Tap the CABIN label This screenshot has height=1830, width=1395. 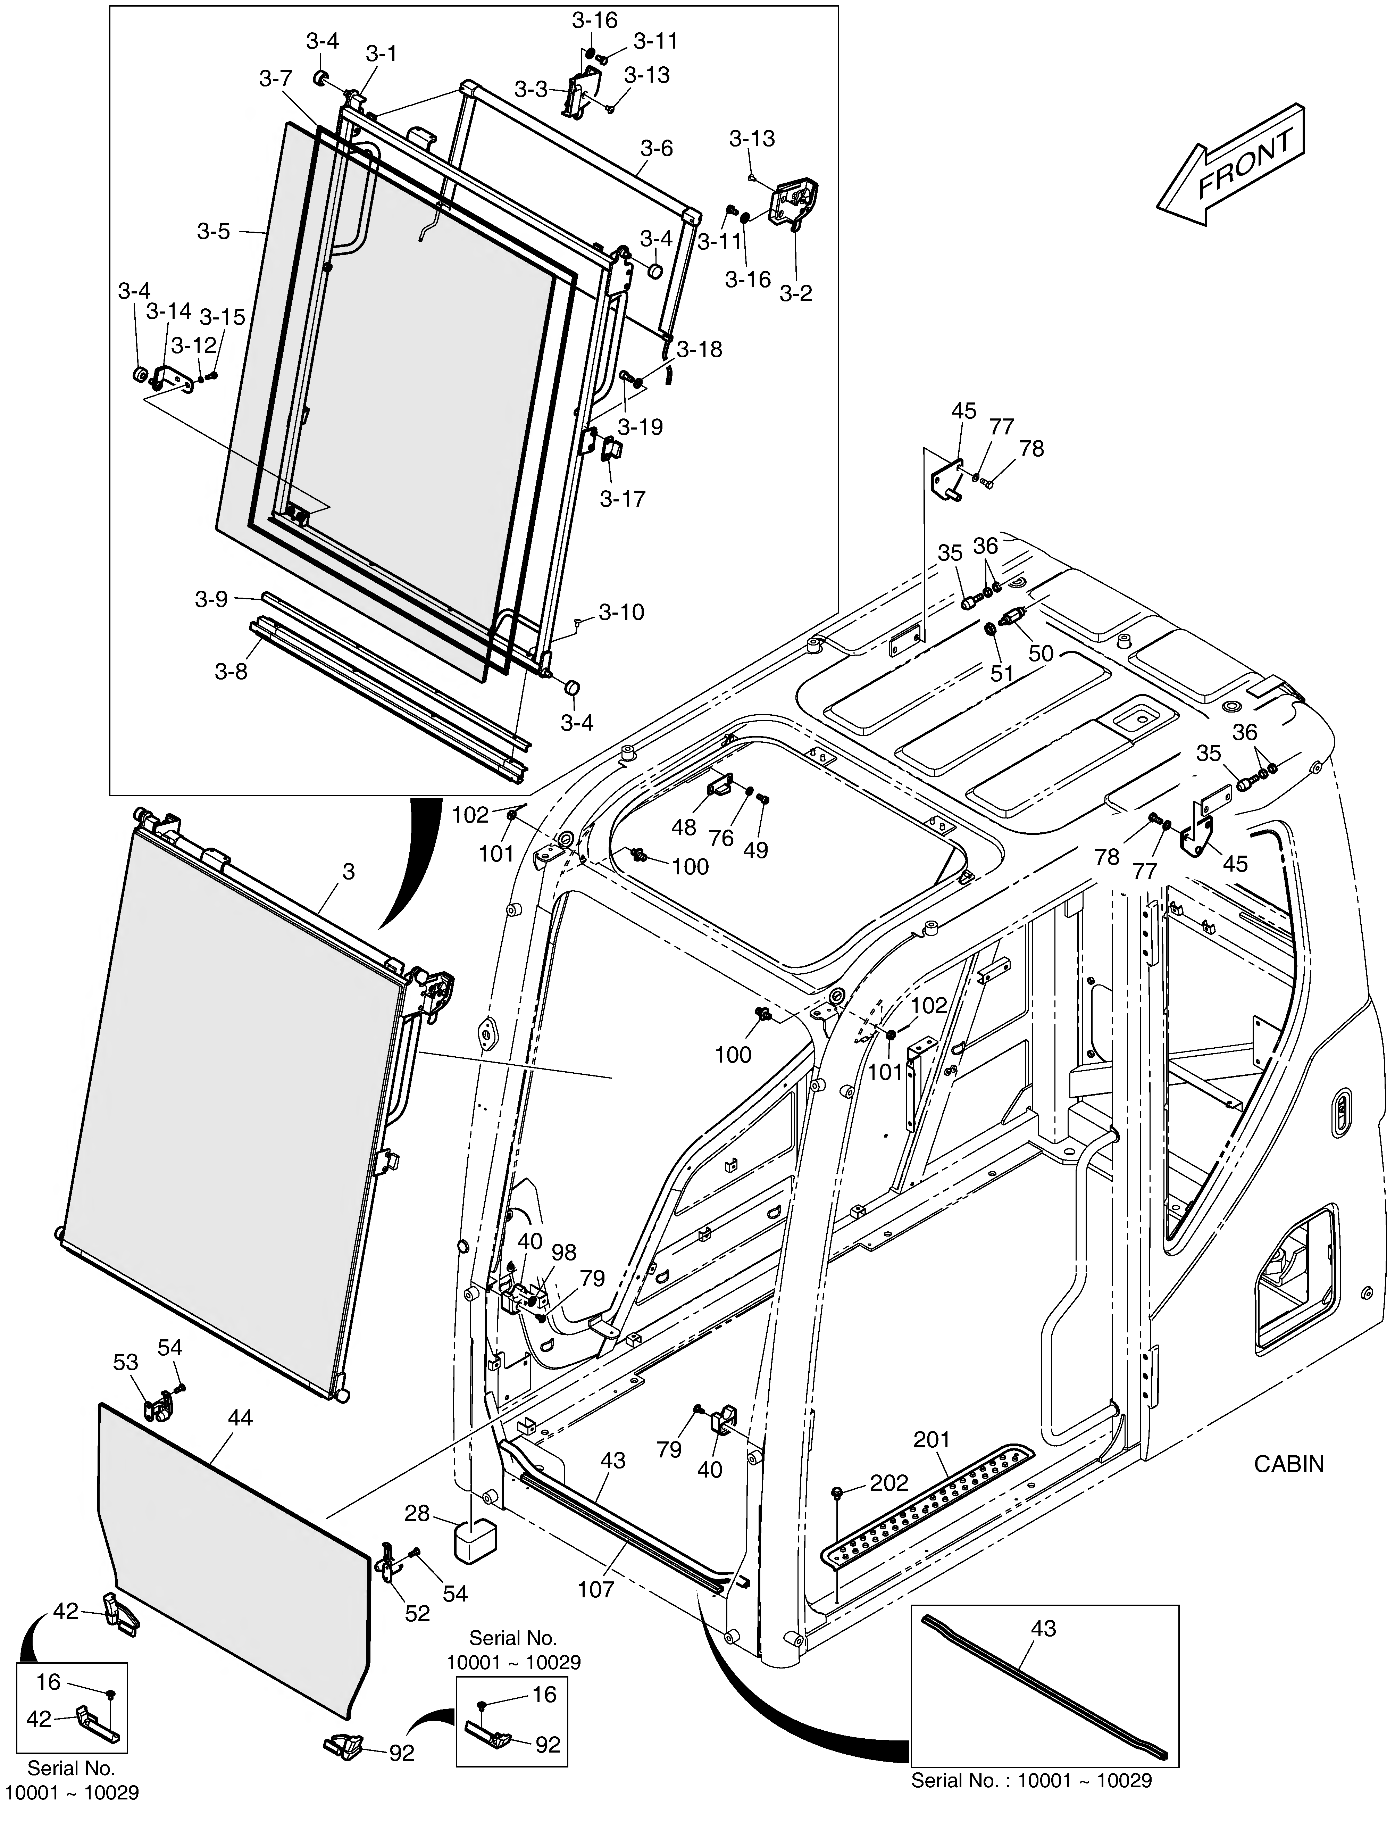coord(1289,1464)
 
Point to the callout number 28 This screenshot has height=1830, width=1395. coord(417,1514)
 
